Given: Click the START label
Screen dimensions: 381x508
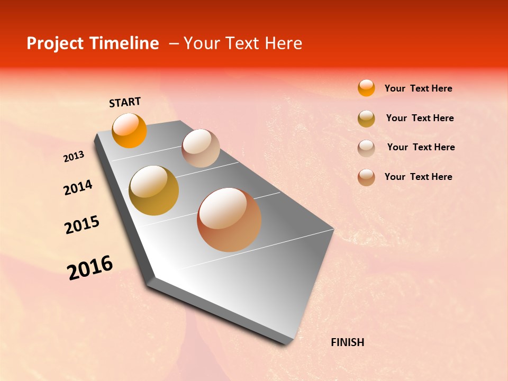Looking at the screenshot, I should pyautogui.click(x=125, y=102).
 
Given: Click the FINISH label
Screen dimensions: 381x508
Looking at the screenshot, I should pyautogui.click(x=347, y=342).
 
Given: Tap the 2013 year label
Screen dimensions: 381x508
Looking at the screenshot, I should pyautogui.click(x=74, y=157).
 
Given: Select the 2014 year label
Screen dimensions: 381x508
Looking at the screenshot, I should pyautogui.click(x=78, y=188).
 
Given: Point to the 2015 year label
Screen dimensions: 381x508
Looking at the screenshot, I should pyautogui.click(x=81, y=225).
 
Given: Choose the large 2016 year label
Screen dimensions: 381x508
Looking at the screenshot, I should pyautogui.click(x=90, y=268).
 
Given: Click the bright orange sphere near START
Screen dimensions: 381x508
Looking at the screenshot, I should pyautogui.click(x=129, y=131).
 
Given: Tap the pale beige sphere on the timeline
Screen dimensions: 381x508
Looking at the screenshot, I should pyautogui.click(x=201, y=148).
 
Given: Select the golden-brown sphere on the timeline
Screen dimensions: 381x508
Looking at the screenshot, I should pyautogui.click(x=154, y=190).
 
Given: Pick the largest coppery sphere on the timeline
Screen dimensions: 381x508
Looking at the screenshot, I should pyautogui.click(x=229, y=220).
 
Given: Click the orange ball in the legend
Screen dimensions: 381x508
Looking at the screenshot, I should pyautogui.click(x=366, y=88).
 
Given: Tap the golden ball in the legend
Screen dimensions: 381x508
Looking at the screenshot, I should pyautogui.click(x=366, y=119).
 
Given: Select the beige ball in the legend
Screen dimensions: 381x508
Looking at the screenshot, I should pyautogui.click(x=366, y=148).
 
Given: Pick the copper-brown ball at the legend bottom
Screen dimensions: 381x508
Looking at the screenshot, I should pyautogui.click(x=366, y=177).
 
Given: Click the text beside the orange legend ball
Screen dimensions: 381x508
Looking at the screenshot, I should pyautogui.click(x=418, y=88).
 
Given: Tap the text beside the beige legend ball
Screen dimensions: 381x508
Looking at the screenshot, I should pyautogui.click(x=421, y=147).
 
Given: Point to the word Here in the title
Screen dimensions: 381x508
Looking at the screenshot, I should pyautogui.click(x=283, y=43).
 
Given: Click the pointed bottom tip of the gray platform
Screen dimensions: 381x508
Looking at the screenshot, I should pyautogui.click(x=286, y=343).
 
